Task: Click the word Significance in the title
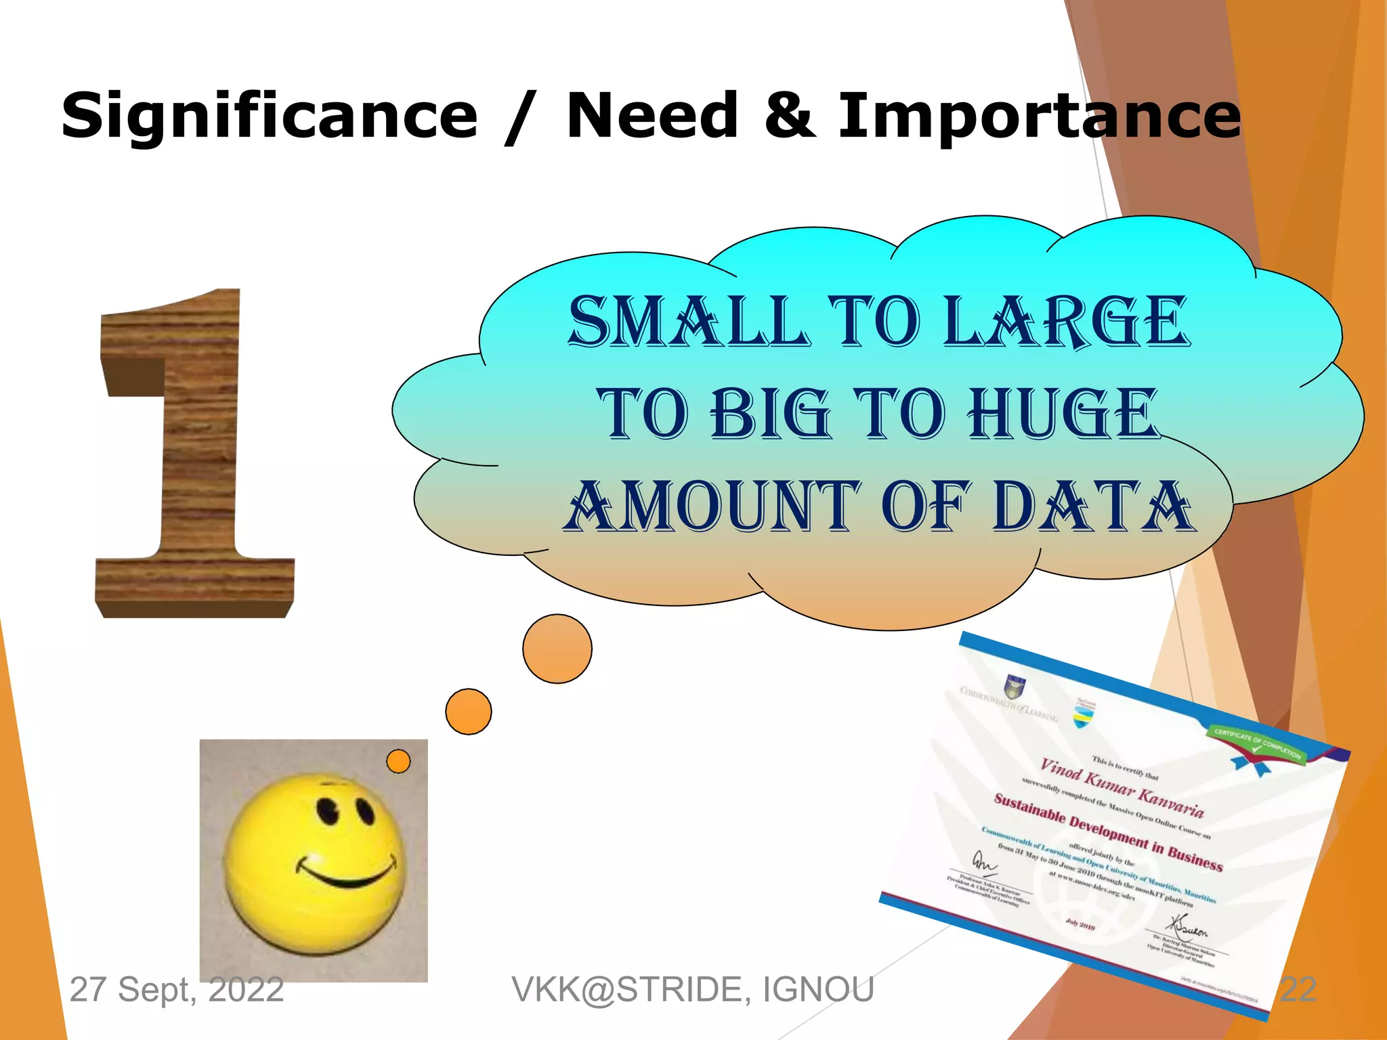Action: [x=270, y=116]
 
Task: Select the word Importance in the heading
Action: [x=1040, y=116]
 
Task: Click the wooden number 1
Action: [x=196, y=454]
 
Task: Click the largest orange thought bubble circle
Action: [x=557, y=649]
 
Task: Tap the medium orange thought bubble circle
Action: [x=469, y=712]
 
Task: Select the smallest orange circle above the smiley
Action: [x=398, y=761]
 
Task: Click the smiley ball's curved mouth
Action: [x=345, y=873]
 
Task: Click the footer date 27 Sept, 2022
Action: [x=177, y=989]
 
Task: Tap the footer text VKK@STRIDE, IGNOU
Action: [x=693, y=989]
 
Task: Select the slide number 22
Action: [x=1298, y=989]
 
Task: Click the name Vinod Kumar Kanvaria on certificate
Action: [x=1122, y=787]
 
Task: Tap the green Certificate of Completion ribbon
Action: [x=1257, y=743]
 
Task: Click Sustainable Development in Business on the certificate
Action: [x=1108, y=832]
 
